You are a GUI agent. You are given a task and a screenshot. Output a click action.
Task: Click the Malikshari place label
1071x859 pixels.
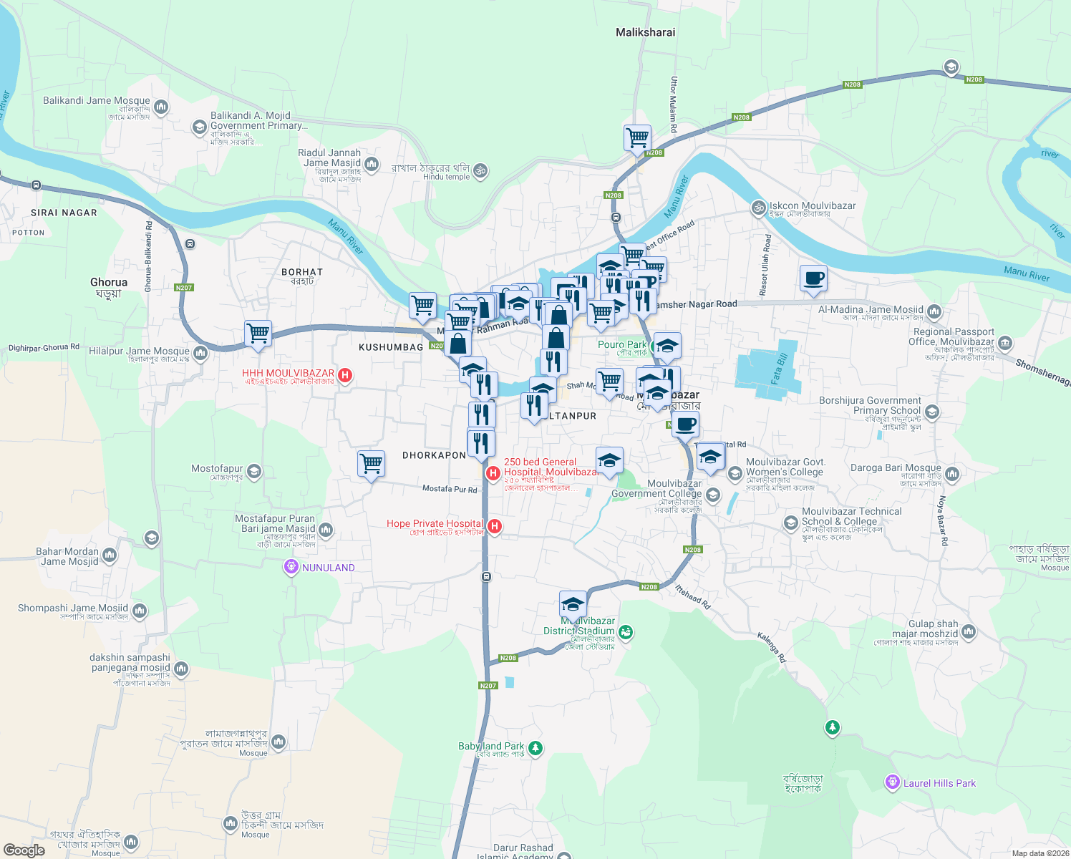[645, 32]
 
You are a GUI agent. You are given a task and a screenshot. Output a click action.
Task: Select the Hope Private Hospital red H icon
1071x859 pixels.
[494, 527]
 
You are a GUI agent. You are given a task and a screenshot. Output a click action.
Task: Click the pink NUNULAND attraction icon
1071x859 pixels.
[291, 568]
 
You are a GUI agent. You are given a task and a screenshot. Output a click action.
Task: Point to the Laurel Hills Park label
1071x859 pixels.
[939, 783]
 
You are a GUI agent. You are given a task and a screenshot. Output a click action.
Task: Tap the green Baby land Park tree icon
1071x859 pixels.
[535, 749]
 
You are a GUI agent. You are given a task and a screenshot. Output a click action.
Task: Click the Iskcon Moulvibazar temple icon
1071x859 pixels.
[758, 208]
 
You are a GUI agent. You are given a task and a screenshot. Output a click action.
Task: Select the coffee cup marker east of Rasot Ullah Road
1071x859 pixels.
[813, 278]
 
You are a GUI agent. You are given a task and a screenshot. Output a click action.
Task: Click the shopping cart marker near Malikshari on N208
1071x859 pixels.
[637, 137]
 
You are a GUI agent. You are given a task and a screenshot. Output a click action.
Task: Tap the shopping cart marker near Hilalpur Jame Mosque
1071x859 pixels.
[258, 333]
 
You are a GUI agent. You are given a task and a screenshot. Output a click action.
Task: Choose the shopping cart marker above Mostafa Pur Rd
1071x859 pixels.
[371, 463]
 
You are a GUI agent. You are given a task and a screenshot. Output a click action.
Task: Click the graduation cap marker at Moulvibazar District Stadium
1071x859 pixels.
[573, 604]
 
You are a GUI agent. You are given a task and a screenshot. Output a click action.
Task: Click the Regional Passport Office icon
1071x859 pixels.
[1005, 343]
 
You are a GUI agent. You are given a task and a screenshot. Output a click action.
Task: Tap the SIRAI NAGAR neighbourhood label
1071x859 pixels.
[64, 213]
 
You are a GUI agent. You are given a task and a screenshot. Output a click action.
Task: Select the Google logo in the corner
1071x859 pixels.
[24, 850]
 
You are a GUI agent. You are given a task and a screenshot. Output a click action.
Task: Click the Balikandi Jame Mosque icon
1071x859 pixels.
[161, 107]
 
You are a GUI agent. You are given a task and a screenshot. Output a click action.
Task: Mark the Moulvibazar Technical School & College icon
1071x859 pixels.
[790, 523]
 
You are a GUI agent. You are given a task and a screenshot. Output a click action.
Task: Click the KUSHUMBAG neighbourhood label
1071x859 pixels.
[391, 347]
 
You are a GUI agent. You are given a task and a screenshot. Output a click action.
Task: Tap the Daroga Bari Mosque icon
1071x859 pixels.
[951, 474]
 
